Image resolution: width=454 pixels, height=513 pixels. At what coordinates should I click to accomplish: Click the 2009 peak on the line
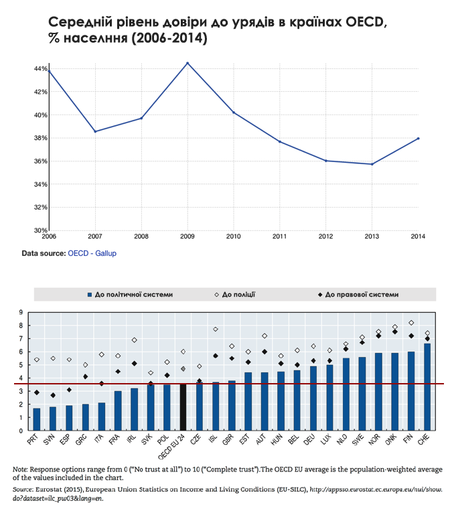click(187, 63)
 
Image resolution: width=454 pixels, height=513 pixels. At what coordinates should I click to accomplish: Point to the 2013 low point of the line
click(372, 164)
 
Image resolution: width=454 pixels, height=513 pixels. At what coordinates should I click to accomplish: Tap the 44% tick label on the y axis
click(41, 69)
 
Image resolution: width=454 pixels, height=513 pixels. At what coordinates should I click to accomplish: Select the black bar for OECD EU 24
click(183, 407)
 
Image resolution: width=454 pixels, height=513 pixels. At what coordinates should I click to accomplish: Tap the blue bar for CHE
click(427, 387)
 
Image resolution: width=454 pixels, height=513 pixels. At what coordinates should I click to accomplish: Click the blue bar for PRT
click(37, 419)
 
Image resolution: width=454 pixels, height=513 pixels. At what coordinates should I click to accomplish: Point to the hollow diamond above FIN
click(411, 323)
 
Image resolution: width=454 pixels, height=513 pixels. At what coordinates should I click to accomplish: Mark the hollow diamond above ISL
click(216, 329)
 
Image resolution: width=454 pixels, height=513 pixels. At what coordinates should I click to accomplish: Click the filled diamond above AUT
click(264, 352)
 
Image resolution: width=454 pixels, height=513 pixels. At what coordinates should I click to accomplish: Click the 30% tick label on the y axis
click(41, 230)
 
